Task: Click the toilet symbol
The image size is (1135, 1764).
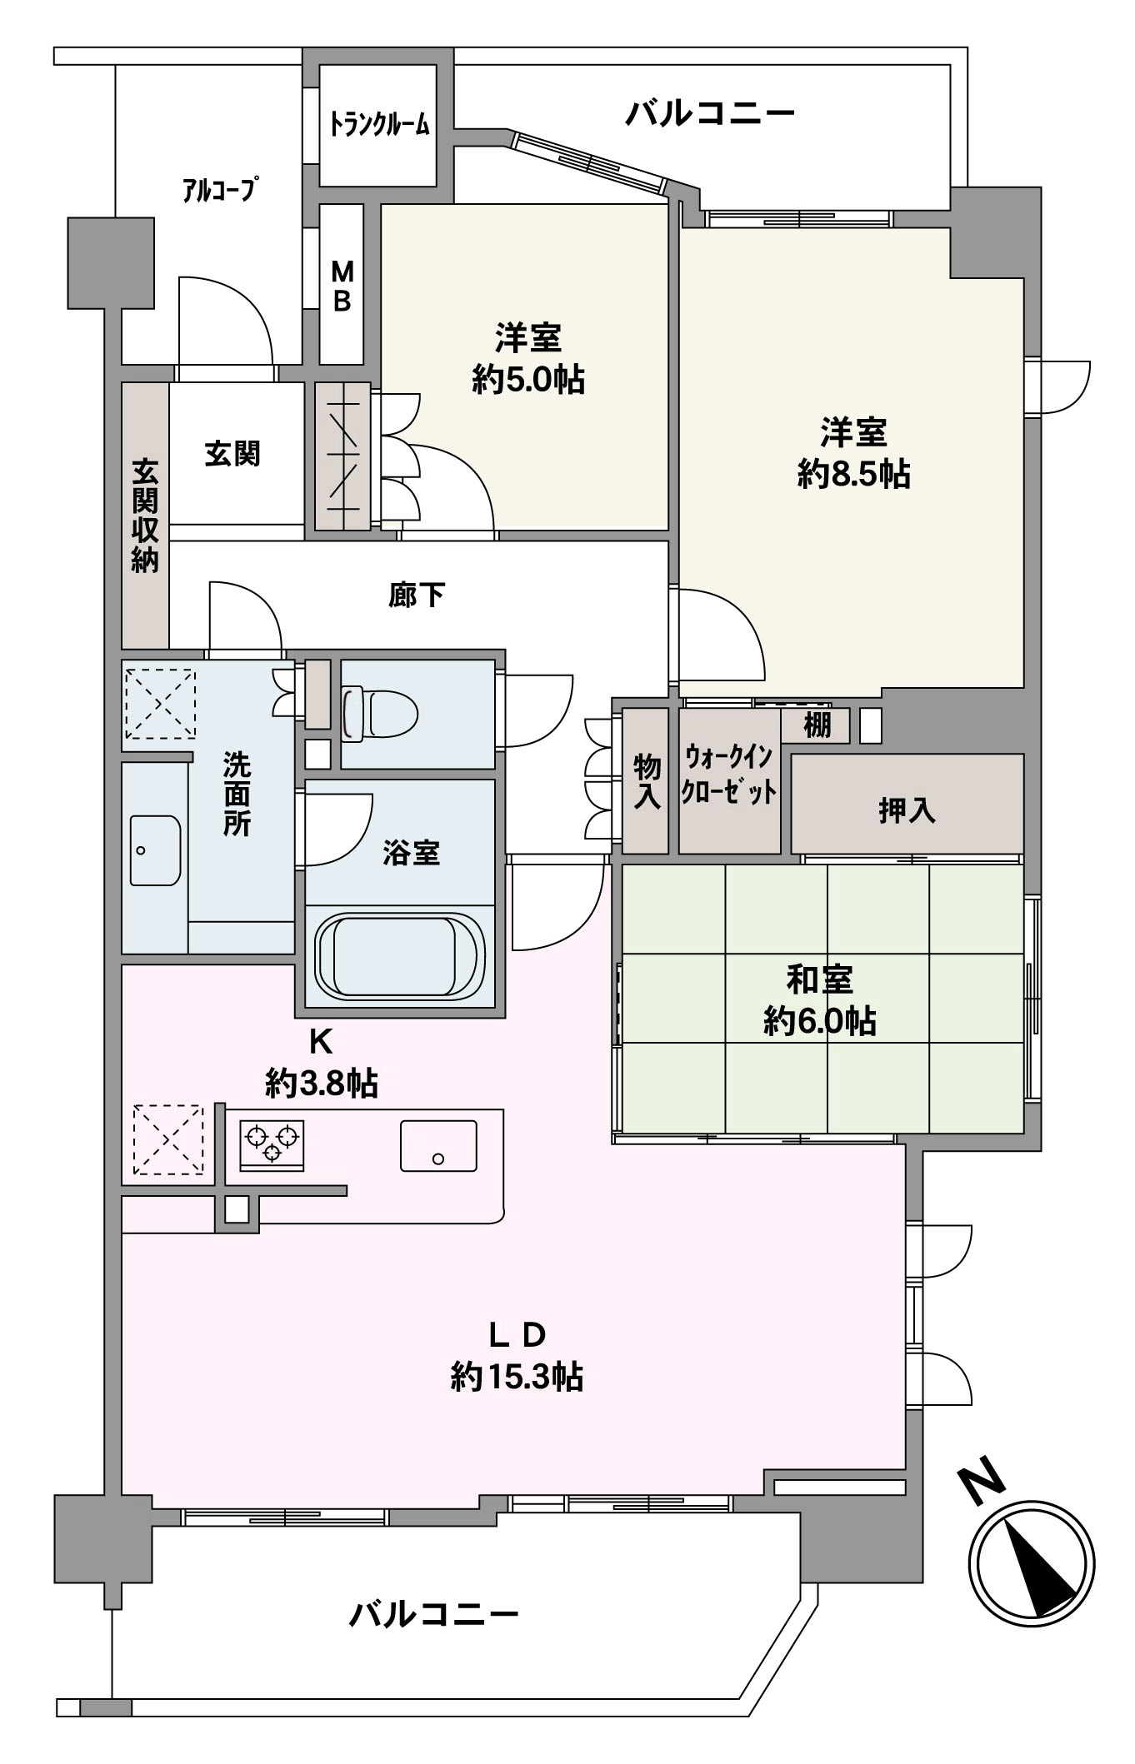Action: (379, 712)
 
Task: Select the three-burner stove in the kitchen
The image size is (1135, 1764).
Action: (272, 1145)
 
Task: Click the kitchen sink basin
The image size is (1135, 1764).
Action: (438, 1145)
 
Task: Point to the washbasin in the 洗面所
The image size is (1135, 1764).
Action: (155, 850)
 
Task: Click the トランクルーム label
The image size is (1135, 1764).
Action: (379, 125)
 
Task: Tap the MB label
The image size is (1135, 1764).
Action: (342, 286)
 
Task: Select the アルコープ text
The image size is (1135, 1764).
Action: (217, 190)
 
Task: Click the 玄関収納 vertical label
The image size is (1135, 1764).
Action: (145, 516)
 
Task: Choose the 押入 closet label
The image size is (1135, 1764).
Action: (907, 810)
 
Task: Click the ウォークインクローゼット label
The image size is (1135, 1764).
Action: (729, 775)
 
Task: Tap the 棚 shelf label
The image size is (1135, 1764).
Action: (817, 725)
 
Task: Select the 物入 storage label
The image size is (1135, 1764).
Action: (647, 780)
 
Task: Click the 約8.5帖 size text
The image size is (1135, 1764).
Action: (853, 475)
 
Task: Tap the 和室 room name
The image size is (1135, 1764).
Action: (820, 979)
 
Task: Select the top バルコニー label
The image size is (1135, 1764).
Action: (710, 112)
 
